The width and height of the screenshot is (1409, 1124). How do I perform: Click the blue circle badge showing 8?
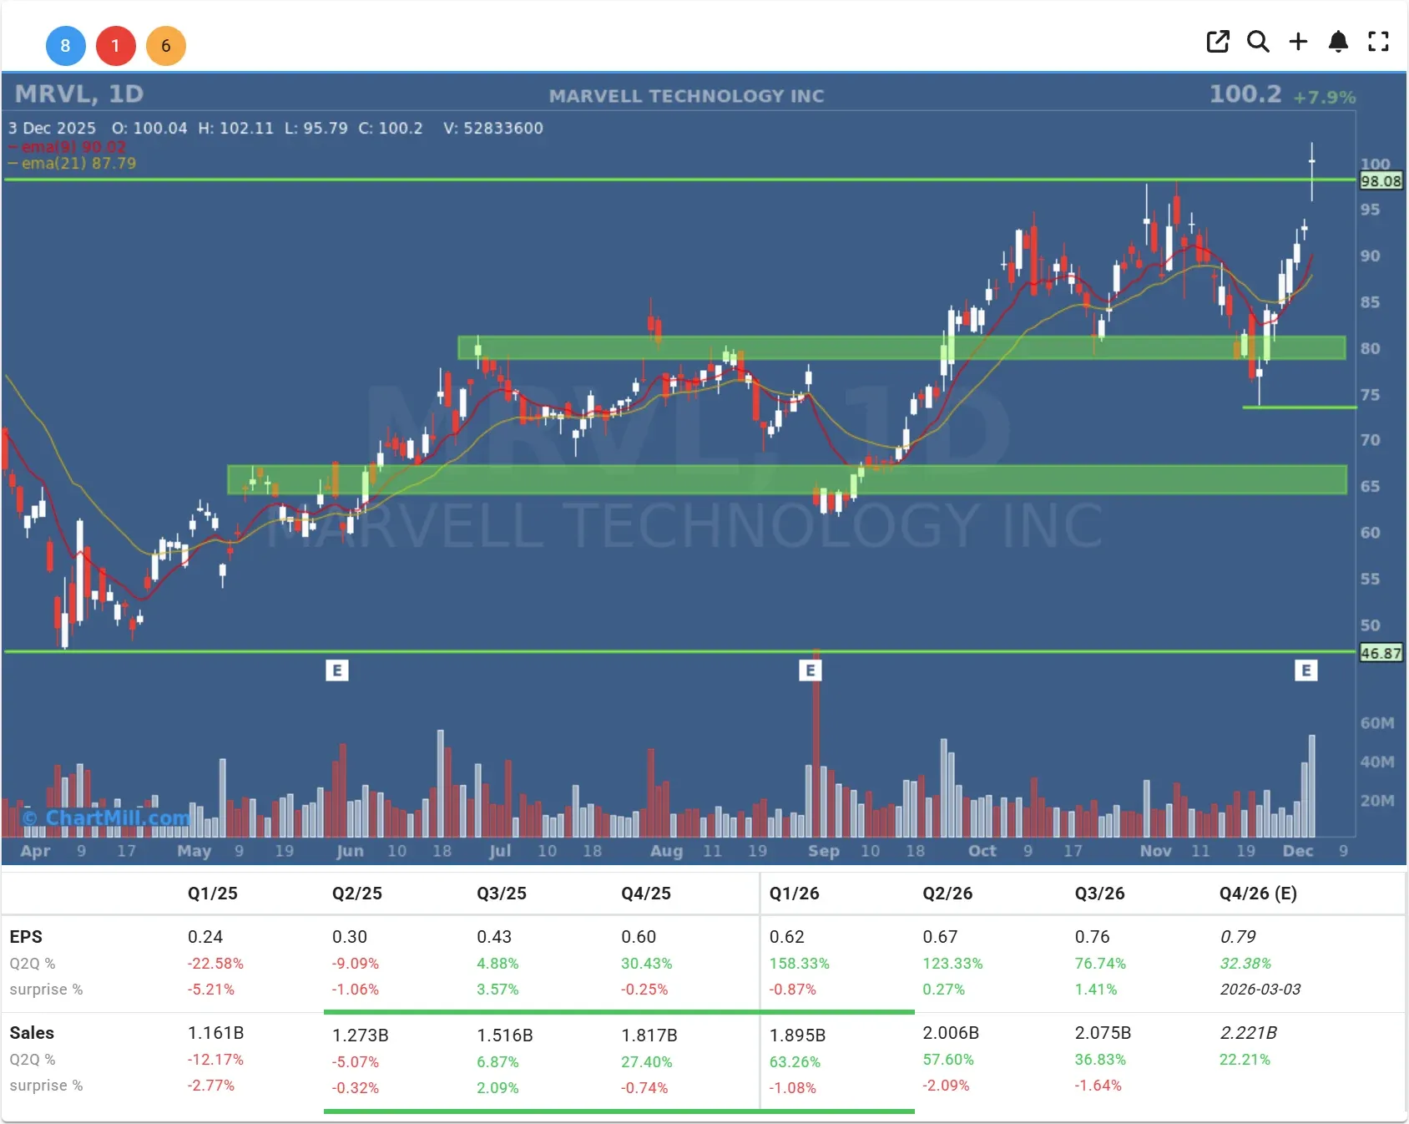(x=65, y=46)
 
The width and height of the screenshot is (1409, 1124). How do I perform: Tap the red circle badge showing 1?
(x=115, y=46)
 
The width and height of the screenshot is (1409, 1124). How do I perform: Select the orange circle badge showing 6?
(x=165, y=46)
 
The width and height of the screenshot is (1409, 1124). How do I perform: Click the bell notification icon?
(x=1338, y=42)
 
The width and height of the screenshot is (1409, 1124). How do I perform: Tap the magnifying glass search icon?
(x=1258, y=42)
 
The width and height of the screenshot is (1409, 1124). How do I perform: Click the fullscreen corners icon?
(x=1378, y=42)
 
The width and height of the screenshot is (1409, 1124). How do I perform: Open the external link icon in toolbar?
(x=1218, y=42)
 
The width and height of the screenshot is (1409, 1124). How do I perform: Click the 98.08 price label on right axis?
(x=1381, y=181)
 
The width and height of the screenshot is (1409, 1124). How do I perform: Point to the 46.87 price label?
(x=1381, y=653)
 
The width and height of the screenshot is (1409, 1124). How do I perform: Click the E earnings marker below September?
(x=810, y=670)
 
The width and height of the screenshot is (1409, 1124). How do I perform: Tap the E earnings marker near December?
(x=1305, y=670)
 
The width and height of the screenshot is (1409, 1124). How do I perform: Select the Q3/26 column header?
(x=1099, y=894)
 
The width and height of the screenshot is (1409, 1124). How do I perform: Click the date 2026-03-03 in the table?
(x=1260, y=989)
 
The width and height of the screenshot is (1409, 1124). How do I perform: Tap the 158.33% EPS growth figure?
(x=799, y=963)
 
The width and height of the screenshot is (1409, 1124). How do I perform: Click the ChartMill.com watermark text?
(x=107, y=818)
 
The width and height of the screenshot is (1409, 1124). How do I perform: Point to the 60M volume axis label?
(x=1376, y=723)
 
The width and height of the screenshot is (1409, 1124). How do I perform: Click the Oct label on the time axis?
(x=982, y=850)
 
